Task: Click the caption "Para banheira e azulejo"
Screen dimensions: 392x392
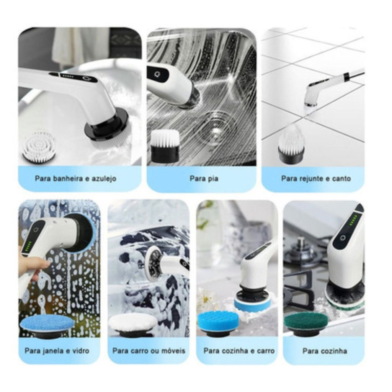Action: click(x=75, y=178)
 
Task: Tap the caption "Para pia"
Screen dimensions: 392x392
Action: click(x=204, y=178)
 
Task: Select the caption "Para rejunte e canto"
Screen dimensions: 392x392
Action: click(x=316, y=178)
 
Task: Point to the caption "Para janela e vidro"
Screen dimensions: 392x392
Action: click(x=57, y=351)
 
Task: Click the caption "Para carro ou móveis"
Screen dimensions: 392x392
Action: click(x=149, y=351)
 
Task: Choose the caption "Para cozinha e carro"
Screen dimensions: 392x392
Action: click(x=239, y=351)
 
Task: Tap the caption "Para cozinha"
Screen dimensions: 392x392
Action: click(x=325, y=351)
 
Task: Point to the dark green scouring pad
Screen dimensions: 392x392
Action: click(x=305, y=323)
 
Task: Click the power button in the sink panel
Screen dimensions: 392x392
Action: click(x=157, y=74)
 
